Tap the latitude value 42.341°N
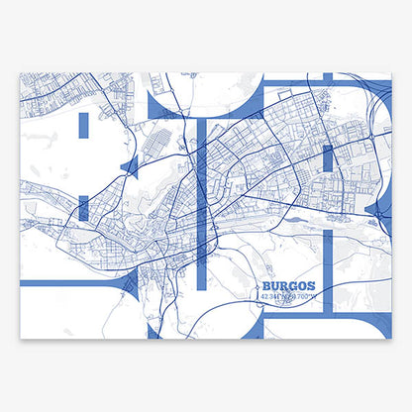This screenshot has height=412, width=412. [272, 295]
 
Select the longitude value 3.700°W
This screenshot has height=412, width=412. [301, 295]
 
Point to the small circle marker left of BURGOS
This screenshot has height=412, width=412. [256, 284]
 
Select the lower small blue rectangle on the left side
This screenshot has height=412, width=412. [83, 207]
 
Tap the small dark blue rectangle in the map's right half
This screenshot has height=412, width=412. [327, 159]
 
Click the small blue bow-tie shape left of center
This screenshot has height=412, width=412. [129, 166]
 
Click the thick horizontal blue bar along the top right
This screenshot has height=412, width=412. [327, 84]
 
